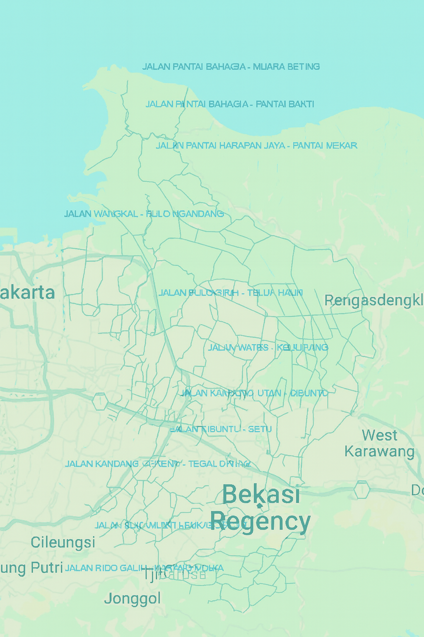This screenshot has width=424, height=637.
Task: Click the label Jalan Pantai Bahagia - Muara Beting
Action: tap(231, 67)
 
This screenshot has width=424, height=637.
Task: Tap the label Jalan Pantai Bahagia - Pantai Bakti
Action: tap(229, 104)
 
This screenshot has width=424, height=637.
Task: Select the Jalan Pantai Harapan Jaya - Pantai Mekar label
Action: tap(256, 146)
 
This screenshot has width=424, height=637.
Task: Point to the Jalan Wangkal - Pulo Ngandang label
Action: tap(144, 214)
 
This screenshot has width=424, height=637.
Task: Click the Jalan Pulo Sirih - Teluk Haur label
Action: tap(230, 293)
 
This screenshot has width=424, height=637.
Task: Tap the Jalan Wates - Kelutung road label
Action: tap(268, 348)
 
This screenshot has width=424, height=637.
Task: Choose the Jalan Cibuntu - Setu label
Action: tap(221, 429)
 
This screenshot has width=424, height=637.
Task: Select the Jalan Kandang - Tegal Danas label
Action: tap(157, 464)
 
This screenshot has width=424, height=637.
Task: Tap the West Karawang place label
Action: tap(379, 443)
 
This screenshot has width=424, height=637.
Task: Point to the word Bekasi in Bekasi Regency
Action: tap(261, 494)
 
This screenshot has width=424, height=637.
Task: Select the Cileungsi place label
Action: tap(63, 542)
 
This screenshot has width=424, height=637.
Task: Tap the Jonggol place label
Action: tap(132, 598)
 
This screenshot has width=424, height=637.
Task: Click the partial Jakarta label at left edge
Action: tap(27, 293)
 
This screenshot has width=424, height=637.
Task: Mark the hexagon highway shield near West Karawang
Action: tap(361, 490)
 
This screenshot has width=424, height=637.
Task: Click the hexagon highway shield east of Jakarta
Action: tap(100, 401)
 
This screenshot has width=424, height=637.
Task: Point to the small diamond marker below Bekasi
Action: tap(260, 506)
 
